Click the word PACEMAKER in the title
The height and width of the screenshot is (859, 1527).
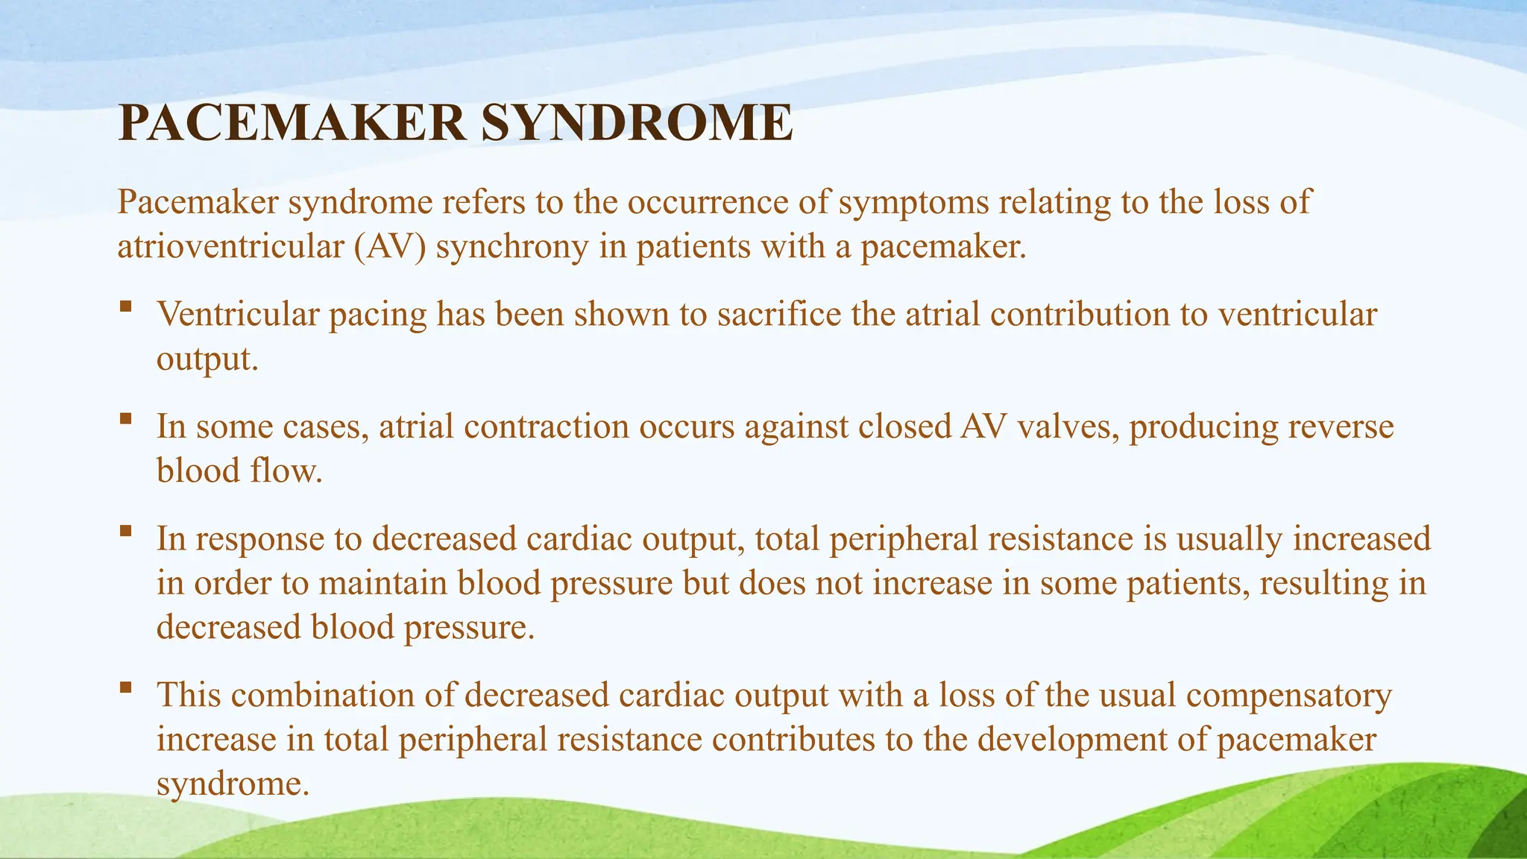(x=292, y=123)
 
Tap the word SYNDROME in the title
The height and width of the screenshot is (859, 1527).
(x=637, y=123)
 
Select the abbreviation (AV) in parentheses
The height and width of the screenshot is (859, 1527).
(x=390, y=247)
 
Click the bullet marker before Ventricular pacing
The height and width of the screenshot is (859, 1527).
(x=125, y=306)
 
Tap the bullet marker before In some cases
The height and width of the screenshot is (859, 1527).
(x=125, y=418)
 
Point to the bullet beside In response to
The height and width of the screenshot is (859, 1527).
(x=125, y=531)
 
